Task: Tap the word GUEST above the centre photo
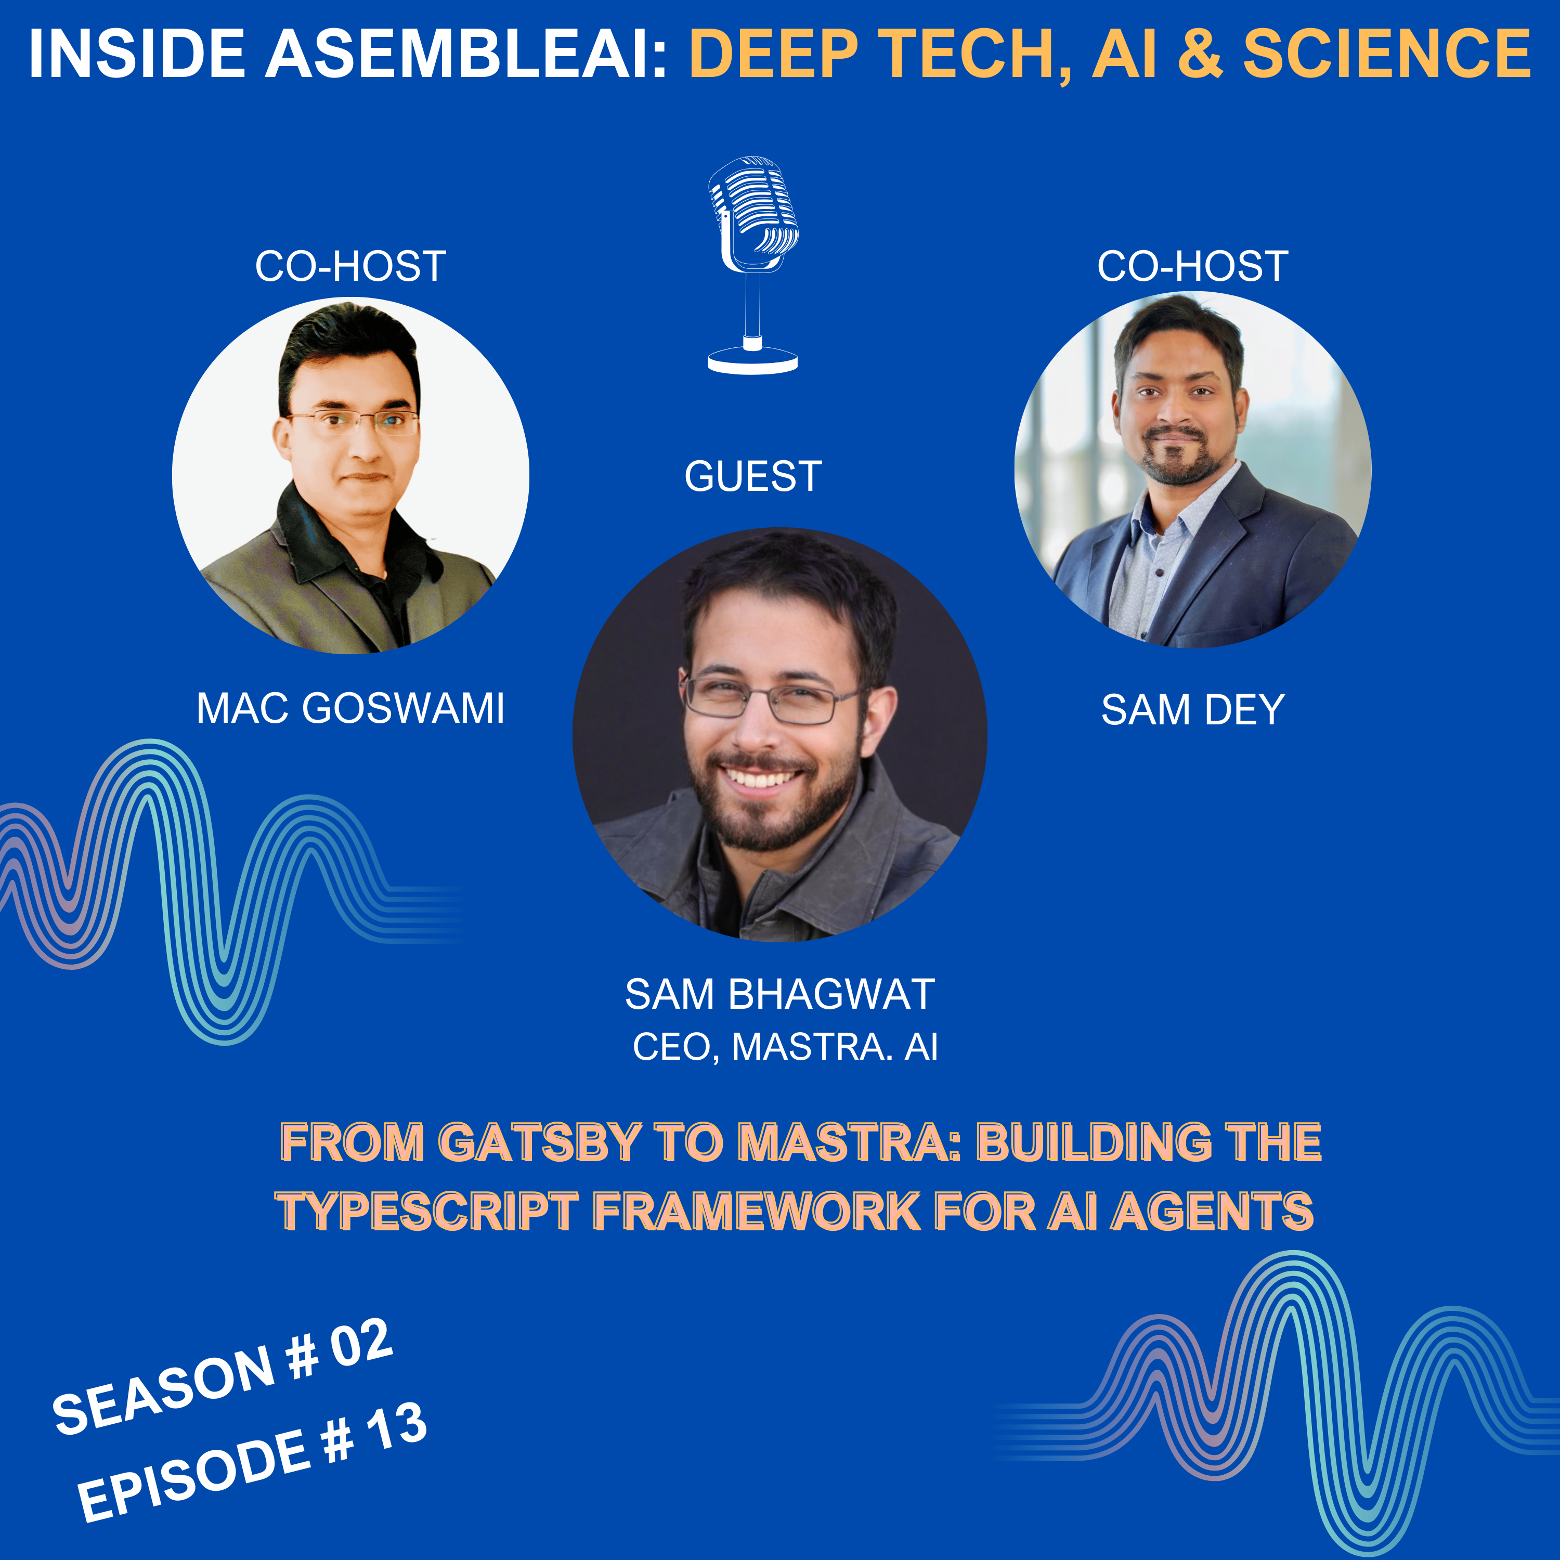click(x=752, y=476)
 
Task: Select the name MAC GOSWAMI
click(x=350, y=708)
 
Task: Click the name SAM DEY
click(x=1192, y=710)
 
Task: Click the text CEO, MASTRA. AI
click(x=785, y=1047)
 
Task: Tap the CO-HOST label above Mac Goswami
click(x=350, y=266)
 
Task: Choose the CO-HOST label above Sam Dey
click(x=1192, y=266)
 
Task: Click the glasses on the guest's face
click(x=771, y=699)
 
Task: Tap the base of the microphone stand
click(x=752, y=361)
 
